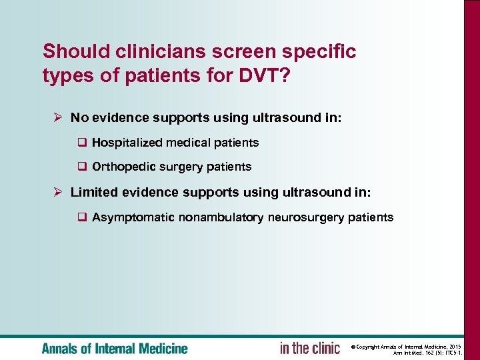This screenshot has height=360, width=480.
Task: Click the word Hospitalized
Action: [x=127, y=143]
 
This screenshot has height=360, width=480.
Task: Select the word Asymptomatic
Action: [x=133, y=217]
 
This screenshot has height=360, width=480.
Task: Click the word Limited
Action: [x=93, y=192]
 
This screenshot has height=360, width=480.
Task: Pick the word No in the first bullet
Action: [x=79, y=117]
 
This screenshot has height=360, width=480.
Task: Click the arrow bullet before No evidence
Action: [x=58, y=117]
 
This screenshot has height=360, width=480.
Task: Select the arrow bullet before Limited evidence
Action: [x=58, y=192]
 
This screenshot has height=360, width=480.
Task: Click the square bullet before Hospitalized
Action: [x=83, y=143]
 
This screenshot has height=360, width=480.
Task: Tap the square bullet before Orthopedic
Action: [x=83, y=167]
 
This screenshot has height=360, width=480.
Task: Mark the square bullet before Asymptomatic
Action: [x=83, y=217]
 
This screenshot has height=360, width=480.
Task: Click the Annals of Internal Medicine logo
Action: [x=115, y=348]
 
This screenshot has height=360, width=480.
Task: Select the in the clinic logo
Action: [x=309, y=348]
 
